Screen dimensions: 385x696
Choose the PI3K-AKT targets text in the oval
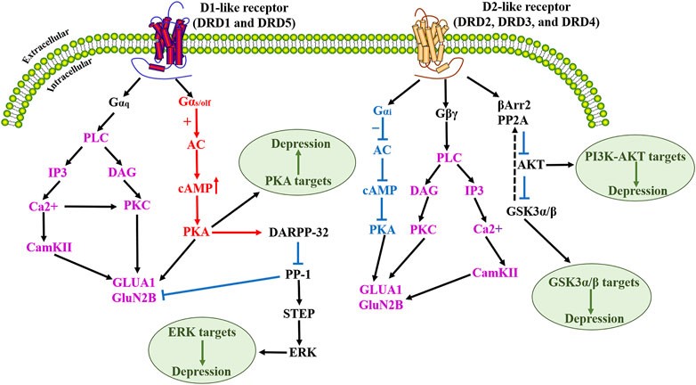coord(627,158)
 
